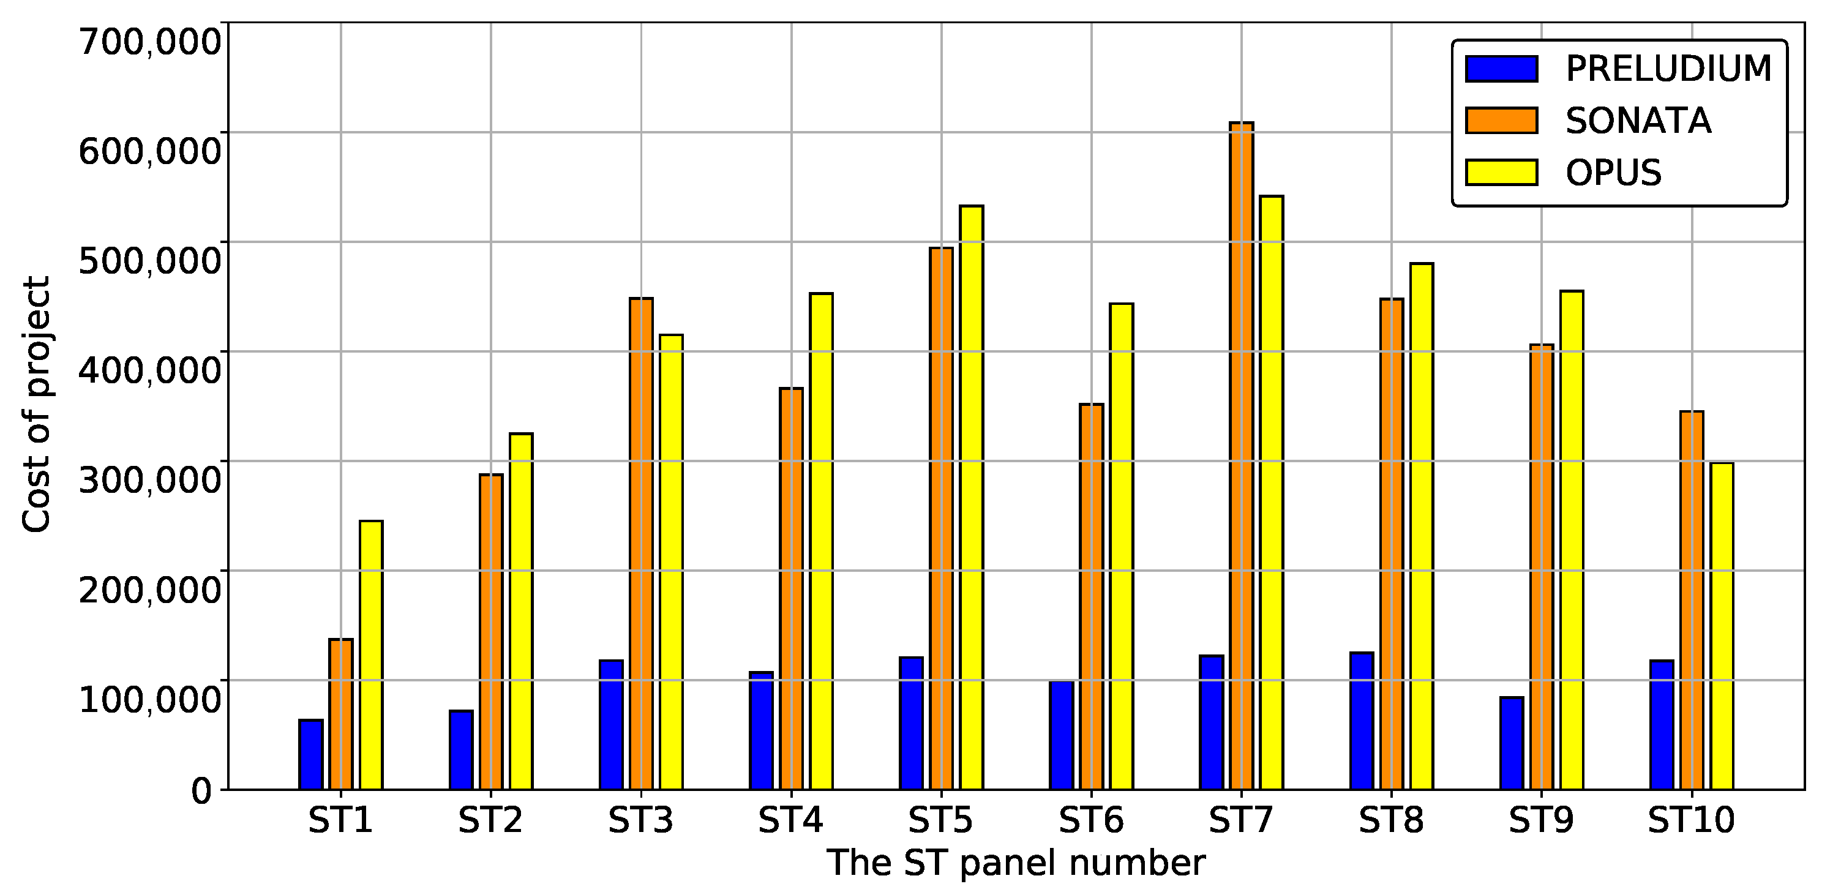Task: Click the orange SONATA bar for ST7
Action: (1242, 457)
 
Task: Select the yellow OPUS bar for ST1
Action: (371, 656)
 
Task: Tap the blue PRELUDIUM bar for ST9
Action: (1512, 743)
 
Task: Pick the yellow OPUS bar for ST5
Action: (971, 498)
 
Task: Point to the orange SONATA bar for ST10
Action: (1692, 601)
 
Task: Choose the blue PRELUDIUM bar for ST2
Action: (461, 751)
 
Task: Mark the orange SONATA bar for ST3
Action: (641, 544)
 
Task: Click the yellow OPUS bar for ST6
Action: (1122, 547)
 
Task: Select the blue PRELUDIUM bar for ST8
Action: (1362, 721)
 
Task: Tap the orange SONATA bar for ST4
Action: (791, 589)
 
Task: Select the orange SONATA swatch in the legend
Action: (1501, 121)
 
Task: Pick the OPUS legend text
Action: (1613, 173)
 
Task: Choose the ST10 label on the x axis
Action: (1691, 820)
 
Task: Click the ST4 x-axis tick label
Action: (790, 820)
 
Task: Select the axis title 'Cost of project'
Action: (36, 405)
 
